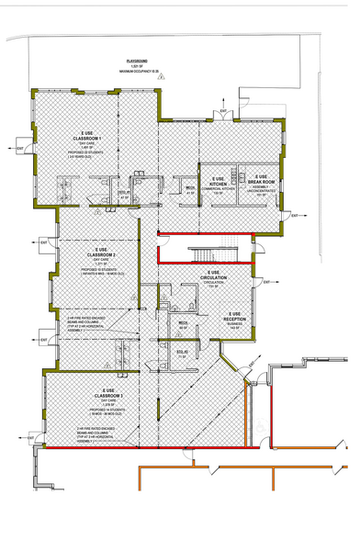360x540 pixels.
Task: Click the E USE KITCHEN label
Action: [x=218, y=180]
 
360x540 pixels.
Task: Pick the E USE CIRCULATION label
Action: [x=213, y=278]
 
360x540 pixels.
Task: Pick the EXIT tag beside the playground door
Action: [x=223, y=111]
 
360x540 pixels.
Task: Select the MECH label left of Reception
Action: [x=183, y=323]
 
